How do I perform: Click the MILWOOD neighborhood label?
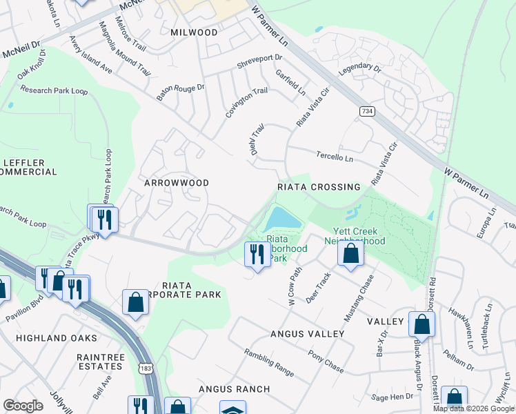(x=195, y=32)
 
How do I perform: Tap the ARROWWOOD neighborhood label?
(x=176, y=183)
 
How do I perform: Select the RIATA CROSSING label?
(x=319, y=187)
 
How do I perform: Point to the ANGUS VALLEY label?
(x=307, y=334)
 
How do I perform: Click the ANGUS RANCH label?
(x=234, y=389)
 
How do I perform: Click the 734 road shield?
(x=366, y=111)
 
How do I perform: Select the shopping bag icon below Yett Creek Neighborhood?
(x=351, y=253)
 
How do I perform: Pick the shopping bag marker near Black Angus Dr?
(x=421, y=324)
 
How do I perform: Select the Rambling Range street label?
(x=269, y=363)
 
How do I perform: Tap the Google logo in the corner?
(x=23, y=406)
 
